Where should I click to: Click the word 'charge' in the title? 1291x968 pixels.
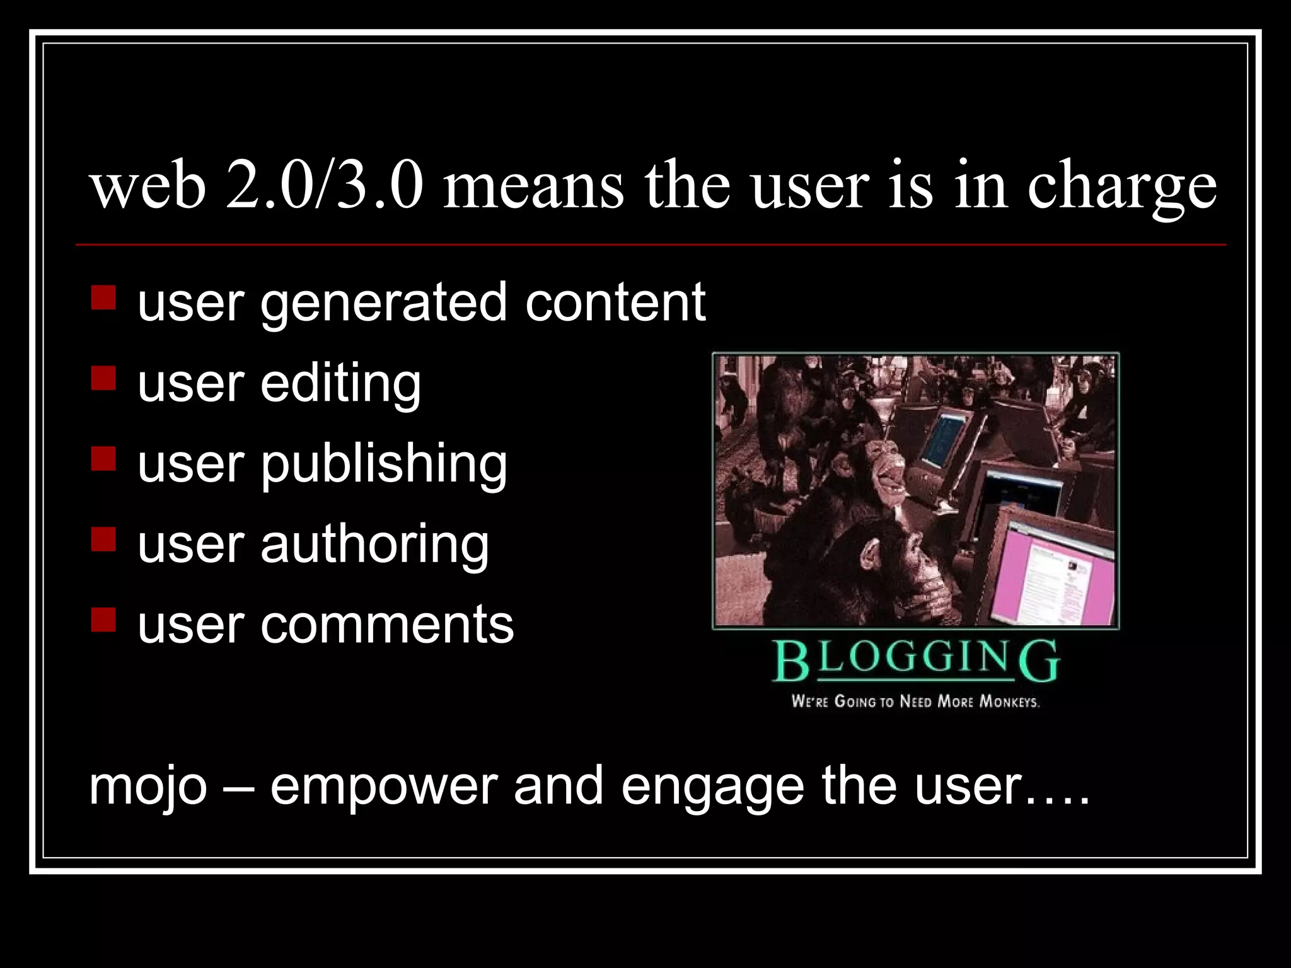(x=1122, y=186)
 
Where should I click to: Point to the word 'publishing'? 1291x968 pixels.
(x=384, y=465)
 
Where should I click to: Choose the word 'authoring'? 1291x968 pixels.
(x=374, y=544)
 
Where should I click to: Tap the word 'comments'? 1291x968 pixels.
(x=387, y=625)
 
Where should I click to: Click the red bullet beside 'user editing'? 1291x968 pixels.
(x=103, y=379)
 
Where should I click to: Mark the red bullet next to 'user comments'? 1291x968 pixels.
(x=103, y=619)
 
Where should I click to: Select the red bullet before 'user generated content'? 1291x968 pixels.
(x=103, y=298)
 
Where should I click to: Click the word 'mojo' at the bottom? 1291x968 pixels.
(x=148, y=788)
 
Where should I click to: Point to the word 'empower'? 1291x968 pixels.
(x=384, y=788)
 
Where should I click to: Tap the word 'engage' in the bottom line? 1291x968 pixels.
(x=712, y=788)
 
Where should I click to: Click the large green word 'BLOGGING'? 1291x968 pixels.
(x=915, y=660)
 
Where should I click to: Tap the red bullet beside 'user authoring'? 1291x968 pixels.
(x=103, y=539)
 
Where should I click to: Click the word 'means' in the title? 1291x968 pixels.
(x=533, y=186)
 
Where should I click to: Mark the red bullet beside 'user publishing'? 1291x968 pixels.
(x=103, y=459)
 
